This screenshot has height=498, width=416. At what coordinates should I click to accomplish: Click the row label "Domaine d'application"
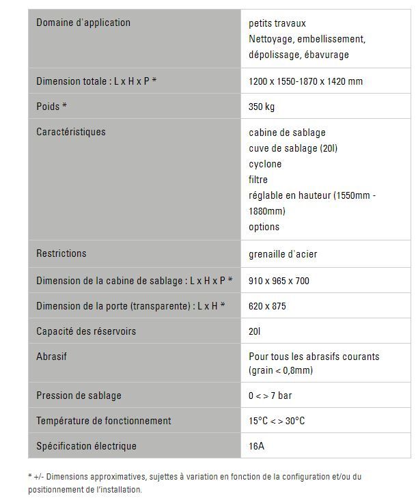(x=83, y=23)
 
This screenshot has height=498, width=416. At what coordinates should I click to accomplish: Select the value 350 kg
(x=262, y=107)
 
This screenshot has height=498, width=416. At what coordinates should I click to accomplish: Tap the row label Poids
(x=51, y=107)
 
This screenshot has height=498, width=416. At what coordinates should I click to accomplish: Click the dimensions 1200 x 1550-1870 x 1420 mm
(x=305, y=81)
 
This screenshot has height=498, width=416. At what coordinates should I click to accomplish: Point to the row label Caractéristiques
(x=70, y=132)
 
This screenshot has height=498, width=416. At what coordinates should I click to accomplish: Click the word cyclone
(x=265, y=164)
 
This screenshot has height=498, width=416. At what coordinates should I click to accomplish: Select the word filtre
(x=260, y=180)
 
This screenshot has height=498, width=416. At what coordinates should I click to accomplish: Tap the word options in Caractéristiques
(x=264, y=227)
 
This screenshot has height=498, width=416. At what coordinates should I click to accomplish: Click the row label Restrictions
(x=61, y=253)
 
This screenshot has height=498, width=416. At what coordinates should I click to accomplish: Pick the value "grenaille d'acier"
(x=283, y=254)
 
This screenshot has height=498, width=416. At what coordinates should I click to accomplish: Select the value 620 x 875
(x=268, y=305)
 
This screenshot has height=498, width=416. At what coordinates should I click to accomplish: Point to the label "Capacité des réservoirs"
(x=86, y=331)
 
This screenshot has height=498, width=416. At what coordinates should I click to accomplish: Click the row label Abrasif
(x=51, y=357)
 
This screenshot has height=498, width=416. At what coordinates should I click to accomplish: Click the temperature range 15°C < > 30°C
(x=277, y=421)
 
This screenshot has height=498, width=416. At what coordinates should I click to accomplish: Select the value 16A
(x=258, y=446)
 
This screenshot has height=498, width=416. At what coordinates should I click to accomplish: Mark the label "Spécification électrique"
(x=86, y=446)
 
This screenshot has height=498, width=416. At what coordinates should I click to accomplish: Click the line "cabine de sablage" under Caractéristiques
(x=287, y=133)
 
